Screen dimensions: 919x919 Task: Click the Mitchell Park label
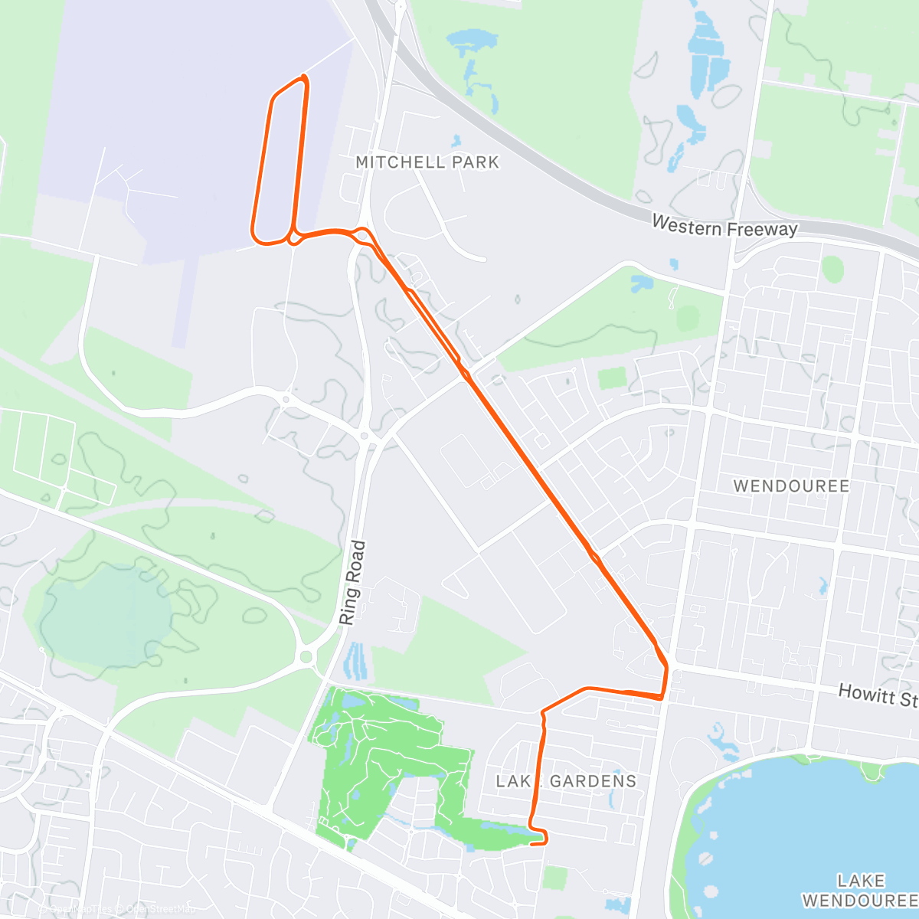click(427, 162)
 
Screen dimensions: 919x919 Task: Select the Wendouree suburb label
click(791, 486)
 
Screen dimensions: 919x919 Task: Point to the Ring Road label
click(353, 583)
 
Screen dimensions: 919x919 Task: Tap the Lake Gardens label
click(566, 781)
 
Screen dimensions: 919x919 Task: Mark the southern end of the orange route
click(531, 844)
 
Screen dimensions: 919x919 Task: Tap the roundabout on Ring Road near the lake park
click(308, 656)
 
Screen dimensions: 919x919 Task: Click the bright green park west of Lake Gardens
click(383, 758)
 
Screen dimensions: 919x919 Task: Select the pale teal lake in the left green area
click(107, 613)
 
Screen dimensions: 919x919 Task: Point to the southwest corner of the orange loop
click(256, 237)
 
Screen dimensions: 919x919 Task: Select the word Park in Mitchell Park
click(475, 162)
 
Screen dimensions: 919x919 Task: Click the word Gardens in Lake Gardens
click(593, 781)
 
